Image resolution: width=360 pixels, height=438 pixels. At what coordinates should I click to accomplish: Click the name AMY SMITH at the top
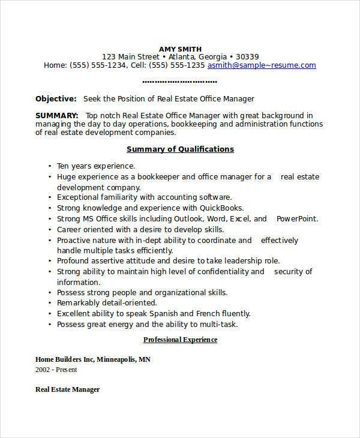click(x=180, y=49)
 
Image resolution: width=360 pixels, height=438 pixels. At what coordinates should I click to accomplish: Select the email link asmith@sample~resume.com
click(x=262, y=65)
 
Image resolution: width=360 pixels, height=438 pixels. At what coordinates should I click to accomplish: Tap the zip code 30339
click(x=247, y=57)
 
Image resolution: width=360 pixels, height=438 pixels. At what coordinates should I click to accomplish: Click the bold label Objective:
click(x=56, y=98)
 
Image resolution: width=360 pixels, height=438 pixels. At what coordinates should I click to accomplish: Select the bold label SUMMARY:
click(x=57, y=115)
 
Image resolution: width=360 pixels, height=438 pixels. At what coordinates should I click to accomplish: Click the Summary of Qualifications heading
click(x=180, y=149)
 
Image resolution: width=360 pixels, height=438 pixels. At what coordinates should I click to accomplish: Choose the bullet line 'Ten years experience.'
click(x=96, y=166)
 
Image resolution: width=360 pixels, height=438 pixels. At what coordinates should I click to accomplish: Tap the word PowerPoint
click(x=296, y=218)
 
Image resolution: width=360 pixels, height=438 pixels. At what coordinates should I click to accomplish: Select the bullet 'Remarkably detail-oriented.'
click(x=106, y=303)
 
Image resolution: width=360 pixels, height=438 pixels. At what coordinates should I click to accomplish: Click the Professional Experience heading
click(x=180, y=340)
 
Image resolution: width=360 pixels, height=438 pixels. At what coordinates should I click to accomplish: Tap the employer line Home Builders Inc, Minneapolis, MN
click(x=93, y=359)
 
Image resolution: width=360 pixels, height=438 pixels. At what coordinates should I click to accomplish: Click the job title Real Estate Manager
click(x=67, y=389)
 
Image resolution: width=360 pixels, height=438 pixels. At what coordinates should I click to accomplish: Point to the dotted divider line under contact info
click(x=180, y=82)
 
